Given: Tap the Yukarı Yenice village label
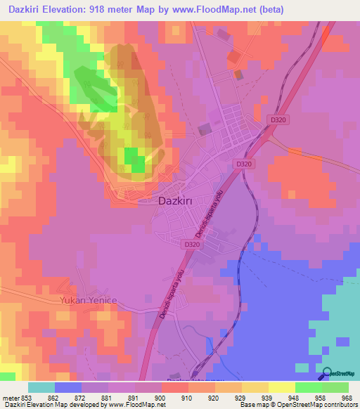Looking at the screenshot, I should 83,300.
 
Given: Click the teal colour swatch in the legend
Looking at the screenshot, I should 41,387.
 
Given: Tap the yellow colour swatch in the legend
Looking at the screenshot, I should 282,387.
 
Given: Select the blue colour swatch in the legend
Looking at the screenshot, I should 68,387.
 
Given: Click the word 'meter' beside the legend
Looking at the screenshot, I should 11,398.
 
